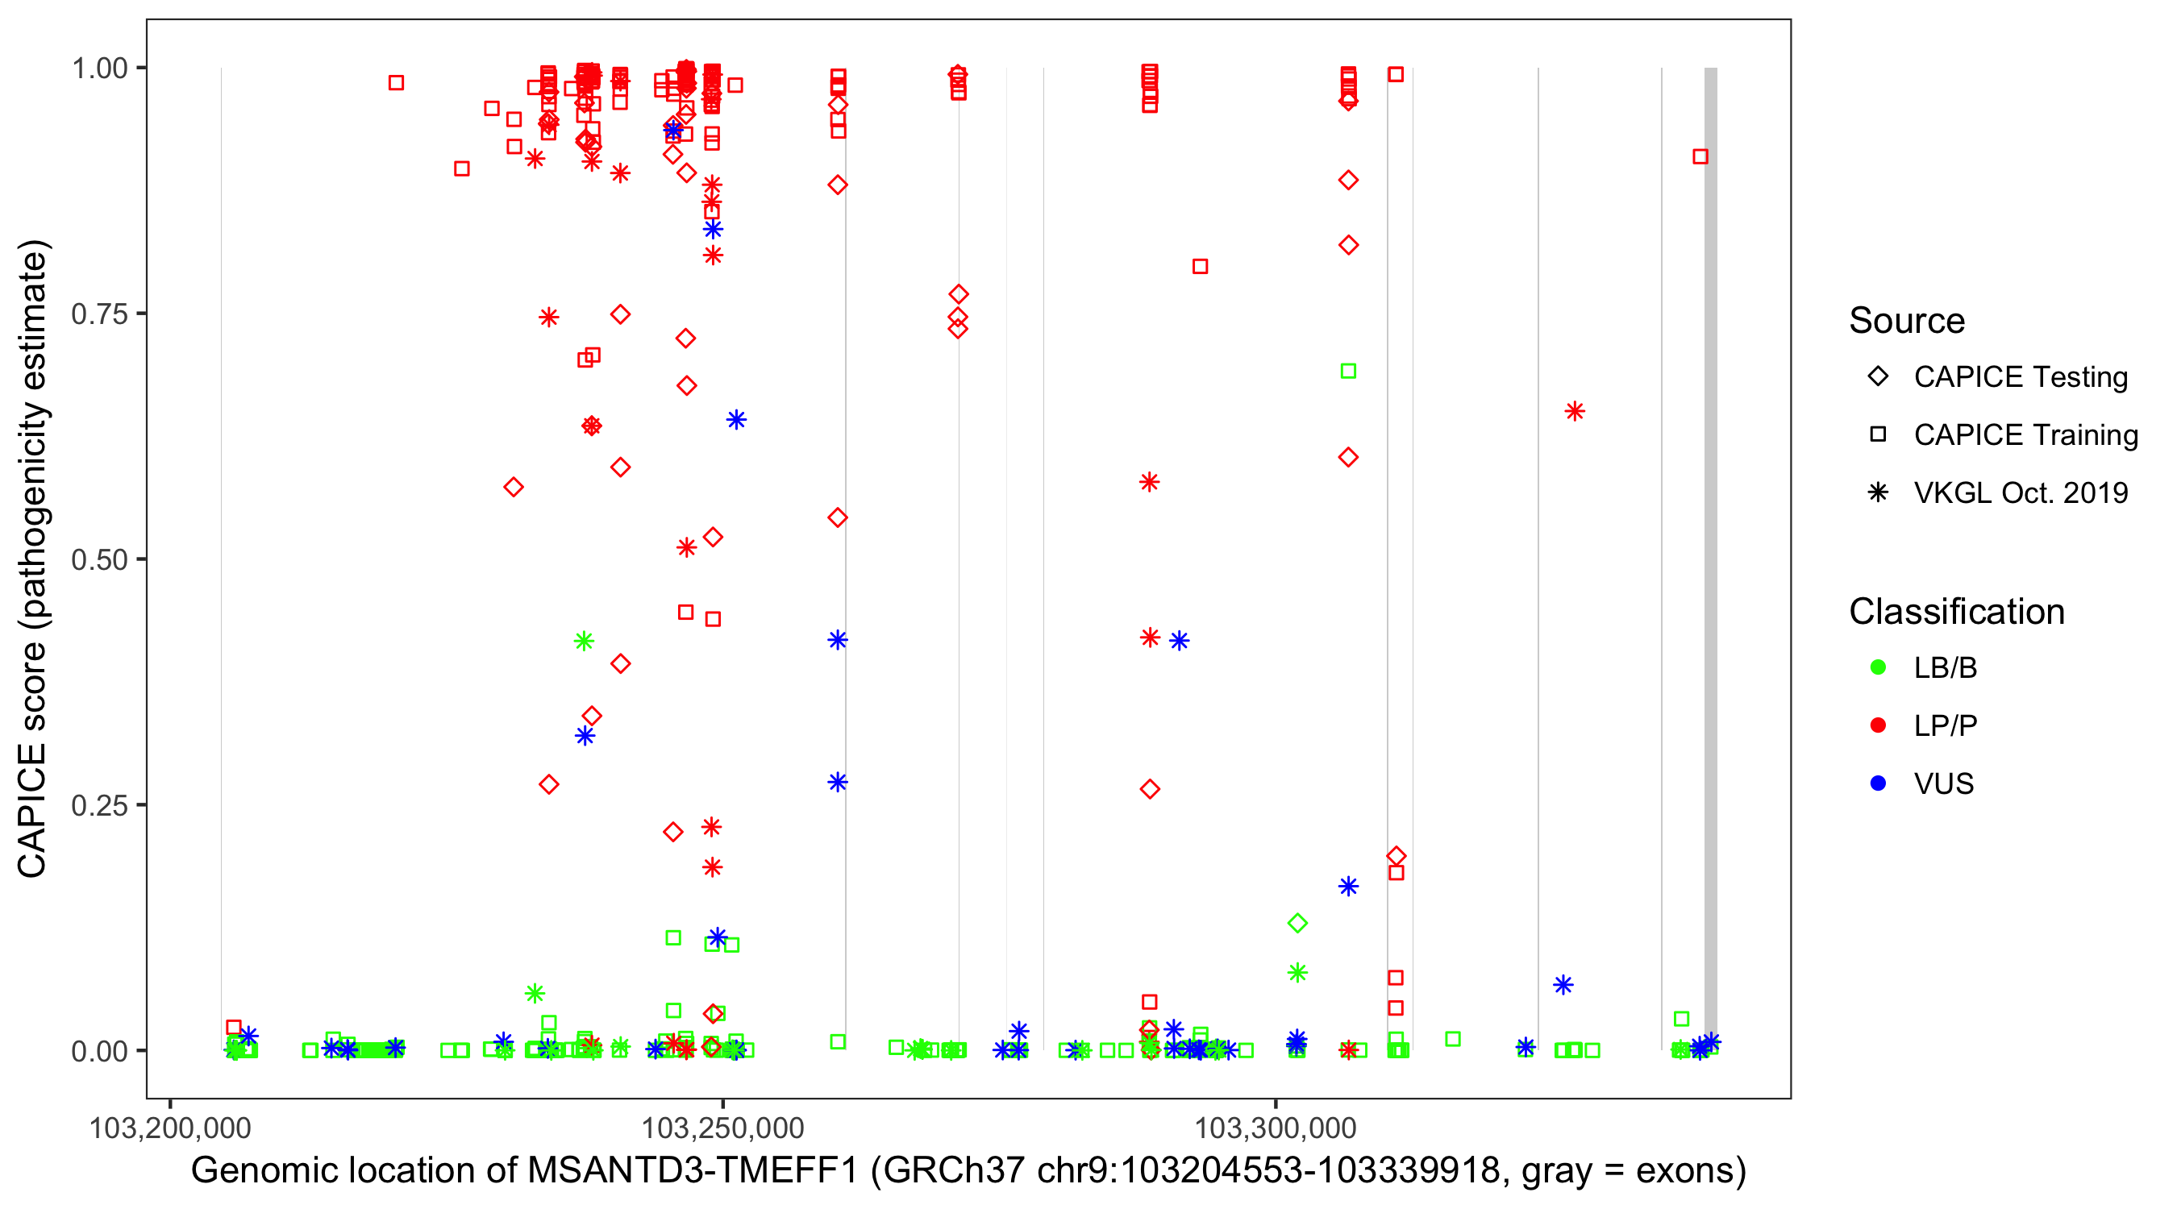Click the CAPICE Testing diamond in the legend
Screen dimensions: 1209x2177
click(1878, 377)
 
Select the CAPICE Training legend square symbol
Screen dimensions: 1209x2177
click(1878, 434)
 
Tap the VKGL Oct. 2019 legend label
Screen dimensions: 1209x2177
click(2021, 492)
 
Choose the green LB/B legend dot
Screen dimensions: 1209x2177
click(1878, 667)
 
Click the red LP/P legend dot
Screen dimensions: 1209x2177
click(1878, 725)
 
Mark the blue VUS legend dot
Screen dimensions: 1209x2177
click(1878, 784)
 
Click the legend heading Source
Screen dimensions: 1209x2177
click(1907, 321)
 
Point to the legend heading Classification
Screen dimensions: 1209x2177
click(1956, 612)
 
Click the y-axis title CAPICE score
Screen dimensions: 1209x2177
click(34, 558)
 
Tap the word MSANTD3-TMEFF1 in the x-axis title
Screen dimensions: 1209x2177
click(692, 1170)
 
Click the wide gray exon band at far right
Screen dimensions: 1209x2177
click(1709, 558)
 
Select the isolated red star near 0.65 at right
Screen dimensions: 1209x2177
click(1575, 411)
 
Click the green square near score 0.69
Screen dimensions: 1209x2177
click(1348, 371)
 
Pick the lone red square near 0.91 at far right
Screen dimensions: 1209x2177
click(1700, 156)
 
